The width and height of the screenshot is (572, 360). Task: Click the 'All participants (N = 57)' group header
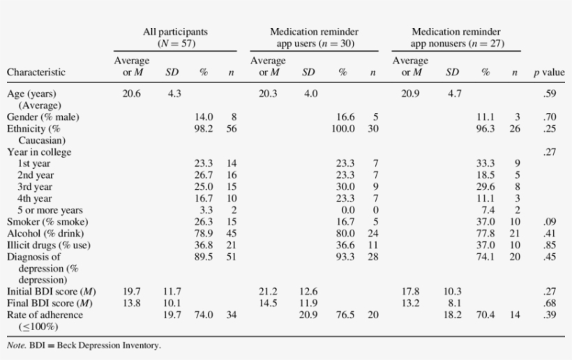tap(175, 37)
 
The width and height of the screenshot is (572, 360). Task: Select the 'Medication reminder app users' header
tap(314, 37)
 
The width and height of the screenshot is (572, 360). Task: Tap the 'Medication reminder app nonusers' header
tap(456, 37)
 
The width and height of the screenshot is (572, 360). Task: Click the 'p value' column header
tap(549, 72)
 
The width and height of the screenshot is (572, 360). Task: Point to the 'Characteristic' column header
tap(36, 72)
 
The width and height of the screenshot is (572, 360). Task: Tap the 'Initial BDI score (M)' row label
tap(51, 291)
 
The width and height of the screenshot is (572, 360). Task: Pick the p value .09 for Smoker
tap(550, 222)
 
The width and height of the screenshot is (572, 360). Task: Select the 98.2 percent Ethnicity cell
tap(203, 129)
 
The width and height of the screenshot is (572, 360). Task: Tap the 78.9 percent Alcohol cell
tap(203, 233)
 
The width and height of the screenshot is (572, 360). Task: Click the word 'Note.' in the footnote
tap(17, 345)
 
